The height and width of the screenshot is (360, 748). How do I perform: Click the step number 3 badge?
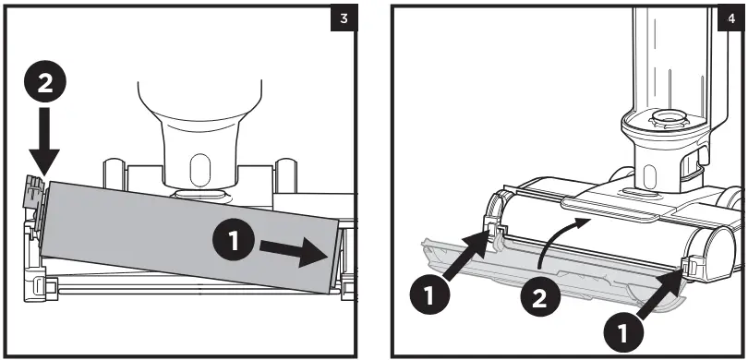point(344,18)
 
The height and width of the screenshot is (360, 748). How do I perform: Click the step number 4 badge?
point(731,18)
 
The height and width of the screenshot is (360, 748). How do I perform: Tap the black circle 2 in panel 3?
point(45,83)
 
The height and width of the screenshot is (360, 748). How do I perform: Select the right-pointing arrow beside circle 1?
point(294,252)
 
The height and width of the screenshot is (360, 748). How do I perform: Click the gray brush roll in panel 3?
point(189,236)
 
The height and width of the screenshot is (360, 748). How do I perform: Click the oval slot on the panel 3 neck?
point(199,170)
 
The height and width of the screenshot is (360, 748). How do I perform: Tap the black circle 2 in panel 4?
point(539,300)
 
